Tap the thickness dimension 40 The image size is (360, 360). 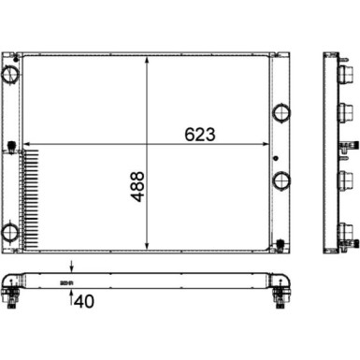click(x=84, y=274)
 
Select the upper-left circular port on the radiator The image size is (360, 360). click(x=10, y=74)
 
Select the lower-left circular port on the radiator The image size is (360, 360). click(x=10, y=207)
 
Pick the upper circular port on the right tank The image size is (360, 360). click(x=281, y=114)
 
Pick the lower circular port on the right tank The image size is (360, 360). click(x=281, y=180)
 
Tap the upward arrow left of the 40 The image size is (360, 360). click(x=72, y=267)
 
